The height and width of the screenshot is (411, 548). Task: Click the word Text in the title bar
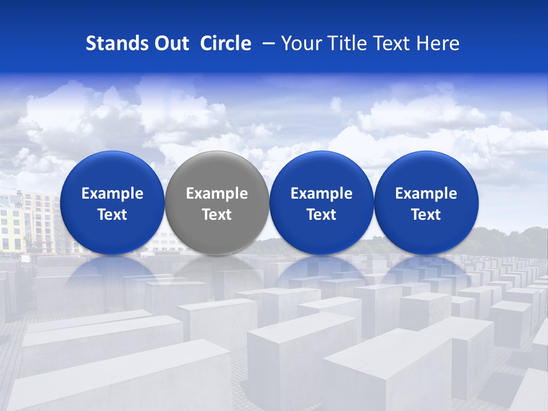(392, 43)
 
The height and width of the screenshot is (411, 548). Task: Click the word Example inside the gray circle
(217, 194)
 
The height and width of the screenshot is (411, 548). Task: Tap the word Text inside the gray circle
(217, 215)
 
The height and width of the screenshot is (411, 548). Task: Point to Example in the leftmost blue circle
(112, 194)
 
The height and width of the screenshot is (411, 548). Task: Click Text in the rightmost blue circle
(426, 215)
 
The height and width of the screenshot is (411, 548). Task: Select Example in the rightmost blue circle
(426, 194)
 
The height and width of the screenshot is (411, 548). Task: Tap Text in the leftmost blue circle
(112, 215)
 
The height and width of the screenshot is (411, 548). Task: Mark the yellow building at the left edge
(10, 228)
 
